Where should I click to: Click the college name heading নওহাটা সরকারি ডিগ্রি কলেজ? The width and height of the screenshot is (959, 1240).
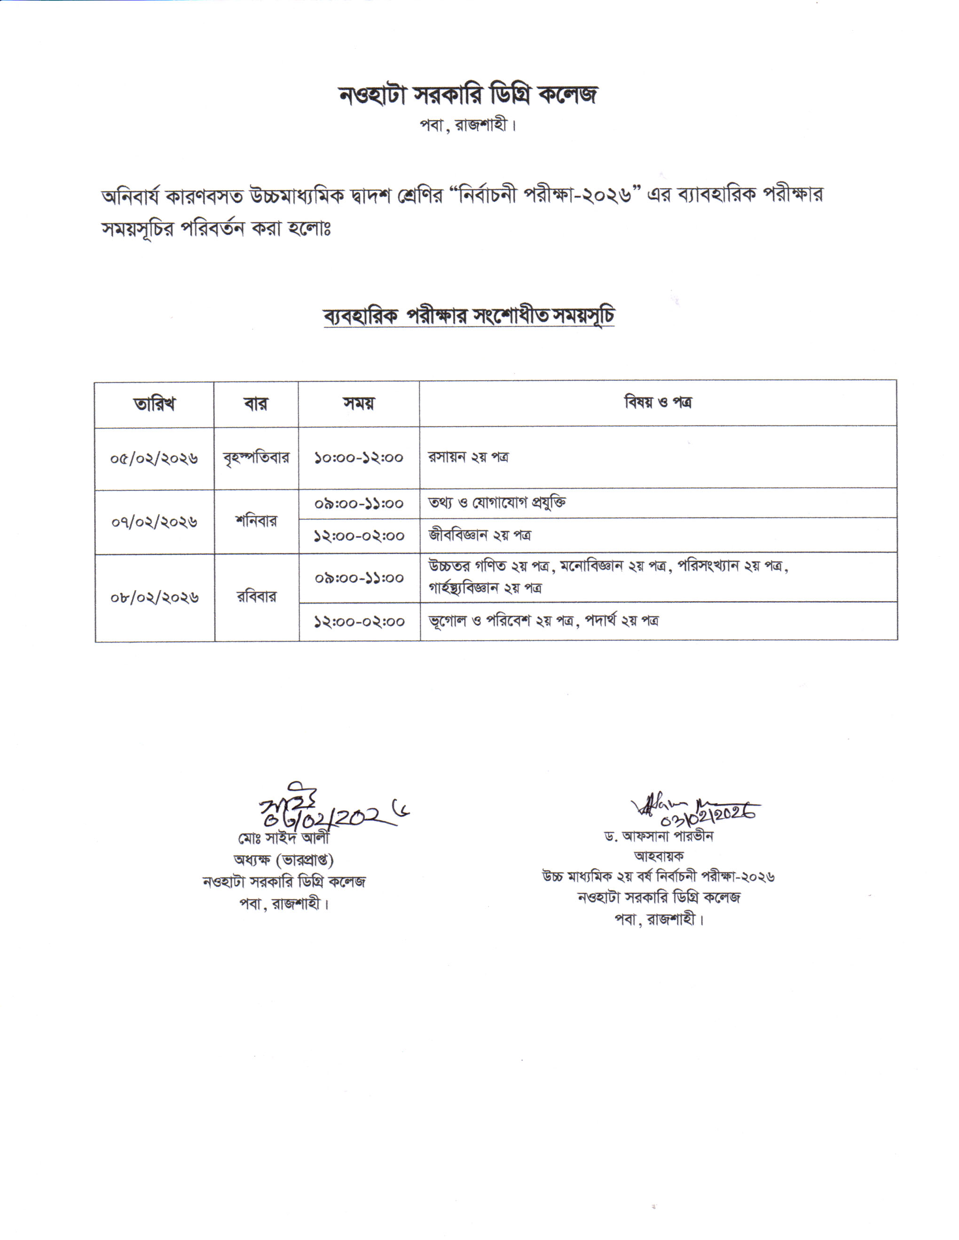468,95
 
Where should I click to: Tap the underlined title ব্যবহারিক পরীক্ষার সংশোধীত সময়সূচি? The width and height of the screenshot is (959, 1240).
469,316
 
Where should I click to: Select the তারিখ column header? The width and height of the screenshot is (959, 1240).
154,404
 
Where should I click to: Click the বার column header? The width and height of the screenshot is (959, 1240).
256,404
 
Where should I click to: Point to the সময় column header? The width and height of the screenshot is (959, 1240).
359,403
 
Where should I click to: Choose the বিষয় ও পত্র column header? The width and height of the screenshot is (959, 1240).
658,403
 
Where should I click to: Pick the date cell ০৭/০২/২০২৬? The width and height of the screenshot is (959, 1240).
154,522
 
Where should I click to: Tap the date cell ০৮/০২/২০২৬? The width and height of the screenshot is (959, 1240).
155,597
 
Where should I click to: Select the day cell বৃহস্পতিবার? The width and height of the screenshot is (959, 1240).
256,457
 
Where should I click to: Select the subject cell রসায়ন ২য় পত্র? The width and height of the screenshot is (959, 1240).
468,457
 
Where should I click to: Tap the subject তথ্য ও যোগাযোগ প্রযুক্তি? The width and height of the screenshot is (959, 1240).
497,503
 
